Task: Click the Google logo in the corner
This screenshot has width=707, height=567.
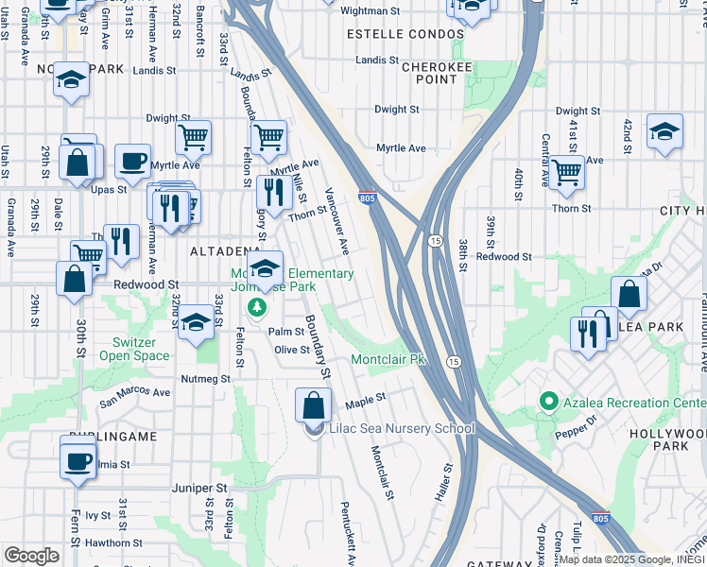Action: pyautogui.click(x=31, y=556)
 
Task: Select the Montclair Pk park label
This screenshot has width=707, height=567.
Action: pyautogui.click(x=389, y=360)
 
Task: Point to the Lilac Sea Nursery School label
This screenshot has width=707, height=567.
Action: pyautogui.click(x=401, y=428)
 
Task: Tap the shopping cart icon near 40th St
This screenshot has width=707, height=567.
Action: pyautogui.click(x=567, y=172)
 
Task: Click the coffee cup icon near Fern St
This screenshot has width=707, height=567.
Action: pyautogui.click(x=78, y=461)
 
